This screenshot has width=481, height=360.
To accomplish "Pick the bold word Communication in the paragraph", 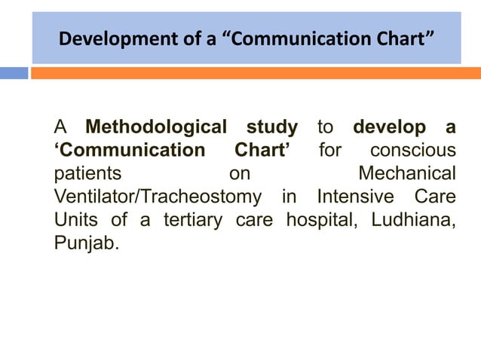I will [x=129, y=150].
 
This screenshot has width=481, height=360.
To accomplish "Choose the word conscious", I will [x=412, y=150].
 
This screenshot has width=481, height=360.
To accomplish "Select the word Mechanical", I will [x=407, y=174].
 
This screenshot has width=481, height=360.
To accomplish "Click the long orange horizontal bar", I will [x=256, y=73].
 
